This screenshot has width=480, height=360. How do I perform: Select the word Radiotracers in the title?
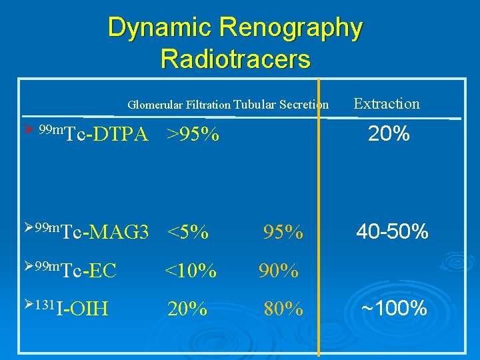(235, 59)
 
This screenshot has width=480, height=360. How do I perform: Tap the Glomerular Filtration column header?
(179, 105)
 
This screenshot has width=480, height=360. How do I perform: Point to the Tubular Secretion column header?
(282, 105)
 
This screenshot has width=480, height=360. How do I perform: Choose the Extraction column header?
(387, 103)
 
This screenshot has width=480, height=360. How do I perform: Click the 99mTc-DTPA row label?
(93, 134)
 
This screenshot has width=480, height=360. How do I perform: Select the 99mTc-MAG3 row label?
(93, 232)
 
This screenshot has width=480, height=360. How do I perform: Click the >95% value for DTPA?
(193, 135)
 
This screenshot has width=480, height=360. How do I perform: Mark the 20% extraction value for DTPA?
(389, 135)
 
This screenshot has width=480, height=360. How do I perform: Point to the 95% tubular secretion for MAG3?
(283, 233)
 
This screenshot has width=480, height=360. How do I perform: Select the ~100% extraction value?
(394, 309)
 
